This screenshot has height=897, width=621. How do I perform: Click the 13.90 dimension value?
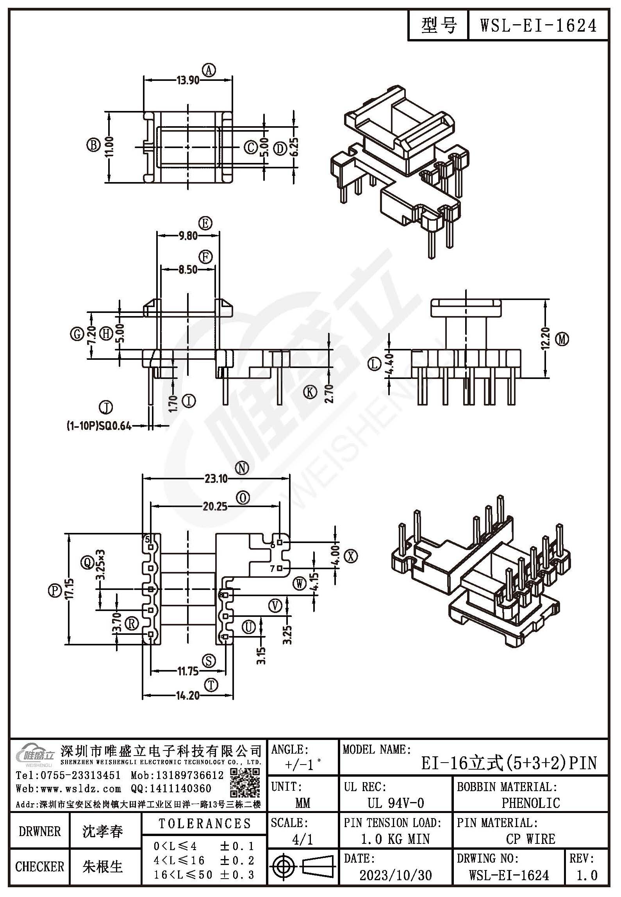click(x=188, y=80)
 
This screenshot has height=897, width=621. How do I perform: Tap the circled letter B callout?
click(x=93, y=145)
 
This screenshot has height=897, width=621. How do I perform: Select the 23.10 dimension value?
click(x=216, y=478)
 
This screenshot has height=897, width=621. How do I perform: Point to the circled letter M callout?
click(x=562, y=340)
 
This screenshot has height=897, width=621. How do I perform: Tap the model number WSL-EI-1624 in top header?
click(x=538, y=25)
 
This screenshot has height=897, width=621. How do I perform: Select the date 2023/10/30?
click(x=396, y=875)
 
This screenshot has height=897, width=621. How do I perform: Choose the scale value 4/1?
click(x=303, y=839)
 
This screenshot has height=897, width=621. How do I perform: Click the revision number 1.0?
click(x=587, y=875)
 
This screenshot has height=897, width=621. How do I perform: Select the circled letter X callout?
click(x=351, y=556)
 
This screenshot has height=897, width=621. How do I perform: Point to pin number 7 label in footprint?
click(x=272, y=569)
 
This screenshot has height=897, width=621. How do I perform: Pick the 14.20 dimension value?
click(x=188, y=695)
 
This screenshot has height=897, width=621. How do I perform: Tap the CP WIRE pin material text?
click(x=531, y=839)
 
